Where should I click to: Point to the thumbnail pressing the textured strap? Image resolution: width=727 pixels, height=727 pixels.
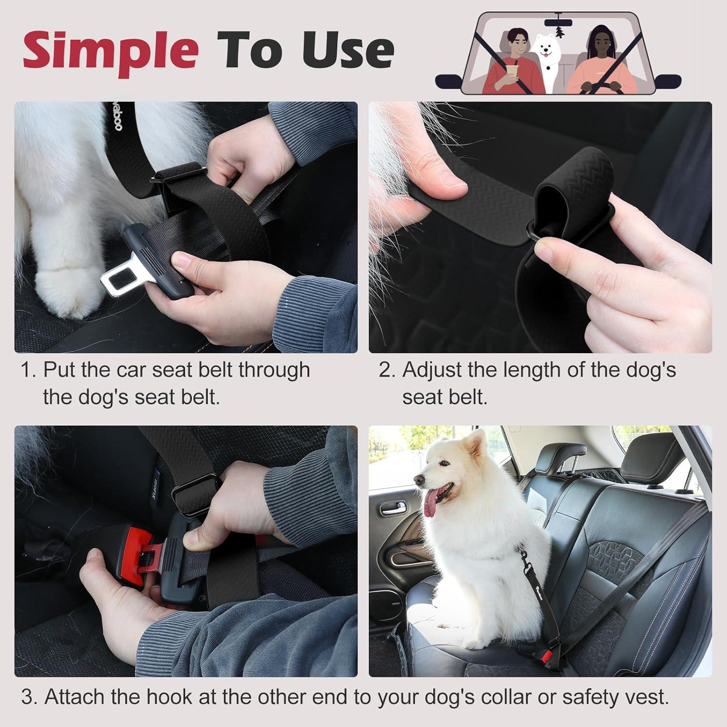pos(451,182)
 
